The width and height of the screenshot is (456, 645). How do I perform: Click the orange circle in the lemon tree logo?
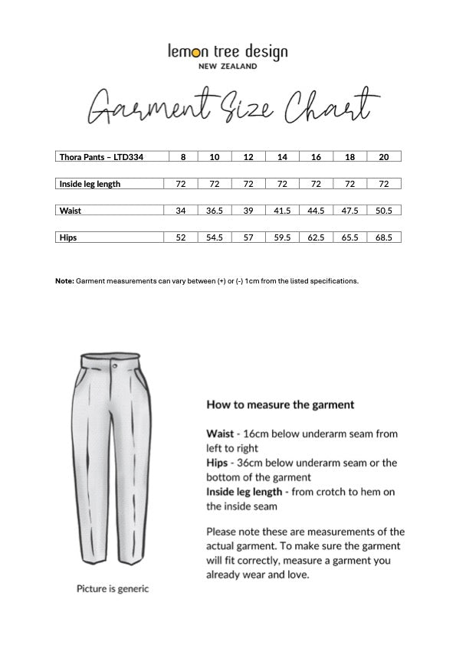click(x=195, y=53)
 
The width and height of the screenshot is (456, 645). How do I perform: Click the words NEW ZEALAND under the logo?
click(x=228, y=67)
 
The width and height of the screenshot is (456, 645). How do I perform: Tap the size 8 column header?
click(x=182, y=157)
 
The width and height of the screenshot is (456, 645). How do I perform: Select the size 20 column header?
click(x=384, y=157)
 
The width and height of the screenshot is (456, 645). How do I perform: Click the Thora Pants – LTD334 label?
click(x=102, y=157)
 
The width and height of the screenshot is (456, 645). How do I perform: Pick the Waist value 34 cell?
click(x=182, y=211)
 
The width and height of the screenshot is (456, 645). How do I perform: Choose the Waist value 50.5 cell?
click(x=384, y=211)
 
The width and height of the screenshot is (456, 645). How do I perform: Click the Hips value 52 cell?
click(x=182, y=237)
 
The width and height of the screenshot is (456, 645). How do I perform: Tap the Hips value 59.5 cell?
click(x=282, y=237)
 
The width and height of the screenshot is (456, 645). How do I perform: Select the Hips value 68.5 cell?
click(x=384, y=237)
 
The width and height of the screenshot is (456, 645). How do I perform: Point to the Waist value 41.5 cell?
click(x=282, y=211)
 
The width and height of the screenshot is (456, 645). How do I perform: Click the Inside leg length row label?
click(x=90, y=184)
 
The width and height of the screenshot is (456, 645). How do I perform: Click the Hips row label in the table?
click(x=68, y=237)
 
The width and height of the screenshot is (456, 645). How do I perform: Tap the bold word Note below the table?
click(x=64, y=281)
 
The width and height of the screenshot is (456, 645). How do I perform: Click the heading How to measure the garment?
click(x=280, y=404)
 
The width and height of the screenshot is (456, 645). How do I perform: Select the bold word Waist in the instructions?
click(x=220, y=434)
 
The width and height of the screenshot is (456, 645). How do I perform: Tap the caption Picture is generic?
click(x=113, y=589)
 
